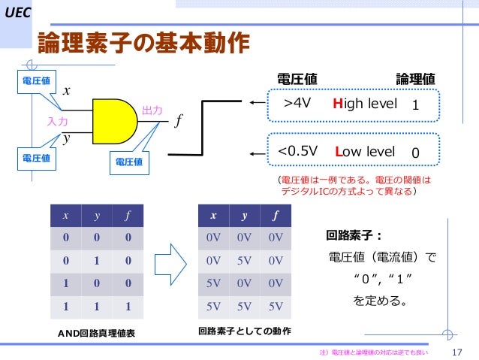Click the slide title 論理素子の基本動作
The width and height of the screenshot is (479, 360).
point(143,44)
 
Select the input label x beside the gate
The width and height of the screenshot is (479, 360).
point(66,90)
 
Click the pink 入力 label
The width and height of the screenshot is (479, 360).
point(57,120)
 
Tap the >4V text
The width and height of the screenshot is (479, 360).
point(297,106)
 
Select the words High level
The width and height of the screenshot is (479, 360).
point(365,106)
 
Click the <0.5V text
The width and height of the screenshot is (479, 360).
point(297,152)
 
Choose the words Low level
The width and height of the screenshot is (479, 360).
point(365,152)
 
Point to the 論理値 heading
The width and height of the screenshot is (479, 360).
point(415,79)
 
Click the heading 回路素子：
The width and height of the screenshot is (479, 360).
point(354,234)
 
